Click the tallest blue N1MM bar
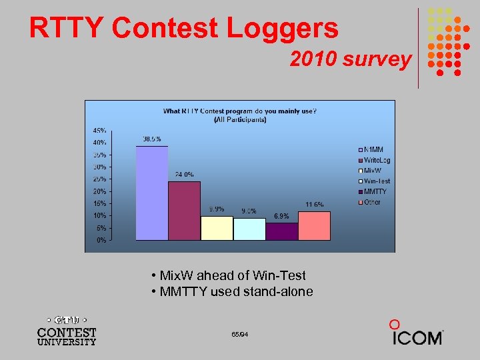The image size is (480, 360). tap(151, 193)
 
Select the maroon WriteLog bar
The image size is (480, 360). tap(184, 210)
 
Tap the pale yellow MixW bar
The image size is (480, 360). tap(217, 228)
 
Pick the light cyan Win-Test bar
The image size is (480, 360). tap(249, 229)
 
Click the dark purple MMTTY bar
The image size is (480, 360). tap(281, 231)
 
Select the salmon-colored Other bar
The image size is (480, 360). tap(314, 225)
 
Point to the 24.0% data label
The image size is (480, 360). tap(185, 175)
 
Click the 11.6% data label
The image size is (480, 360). tap(315, 204)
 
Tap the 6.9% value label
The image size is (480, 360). tap(281, 216)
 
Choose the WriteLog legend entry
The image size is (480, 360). tap(377, 160)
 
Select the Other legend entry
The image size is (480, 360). tap(372, 202)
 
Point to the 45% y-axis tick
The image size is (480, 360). tap(99, 130)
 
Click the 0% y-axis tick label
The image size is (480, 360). tap(101, 240)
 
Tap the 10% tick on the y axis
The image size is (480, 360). tap(99, 216)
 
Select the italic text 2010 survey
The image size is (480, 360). tap(350, 59)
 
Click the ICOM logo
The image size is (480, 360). tap(417, 334)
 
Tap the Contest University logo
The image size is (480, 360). tap(66, 329)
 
